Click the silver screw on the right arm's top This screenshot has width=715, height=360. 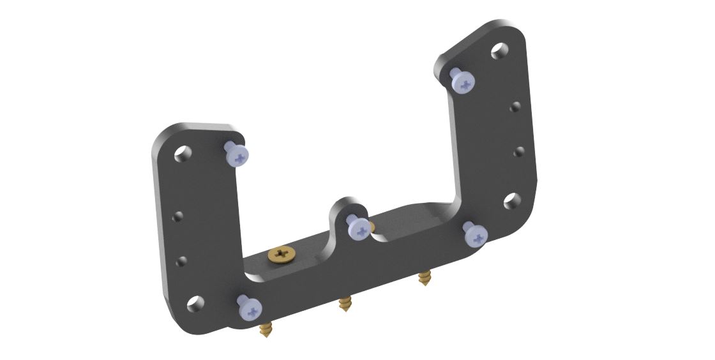463,81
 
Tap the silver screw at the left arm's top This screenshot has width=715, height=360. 237,154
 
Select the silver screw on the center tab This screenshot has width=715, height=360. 357,227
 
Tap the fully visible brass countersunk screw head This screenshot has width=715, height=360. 281,254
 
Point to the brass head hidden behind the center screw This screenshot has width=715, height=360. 371,226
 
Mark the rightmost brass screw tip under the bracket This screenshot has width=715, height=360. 423,278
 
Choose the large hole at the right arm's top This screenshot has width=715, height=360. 500,50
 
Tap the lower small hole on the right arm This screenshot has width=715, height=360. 519,151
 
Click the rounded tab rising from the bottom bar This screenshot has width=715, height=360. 345,207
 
